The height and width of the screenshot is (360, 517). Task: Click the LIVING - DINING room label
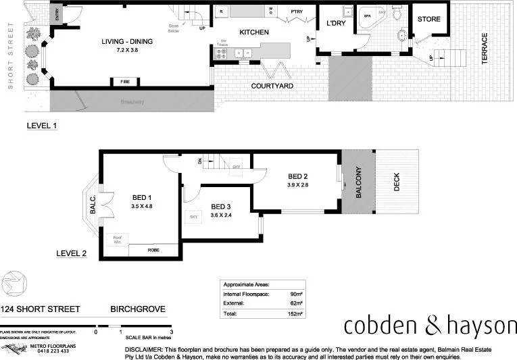(x=127, y=41)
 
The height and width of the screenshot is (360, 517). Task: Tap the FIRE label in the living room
(x=125, y=82)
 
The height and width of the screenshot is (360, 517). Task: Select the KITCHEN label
(x=253, y=32)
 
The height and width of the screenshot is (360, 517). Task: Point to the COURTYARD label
(x=272, y=86)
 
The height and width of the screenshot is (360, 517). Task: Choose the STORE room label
(x=428, y=19)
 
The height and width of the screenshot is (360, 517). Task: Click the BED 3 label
(x=222, y=207)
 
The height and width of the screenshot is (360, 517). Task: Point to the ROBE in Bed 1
(x=154, y=250)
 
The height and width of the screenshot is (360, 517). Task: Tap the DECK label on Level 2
(x=397, y=182)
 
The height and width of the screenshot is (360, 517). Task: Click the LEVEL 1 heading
(x=42, y=126)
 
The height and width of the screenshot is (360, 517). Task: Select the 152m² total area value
(x=294, y=314)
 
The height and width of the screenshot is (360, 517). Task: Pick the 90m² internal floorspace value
(x=295, y=294)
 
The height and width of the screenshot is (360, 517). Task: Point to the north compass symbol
(x=14, y=282)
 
